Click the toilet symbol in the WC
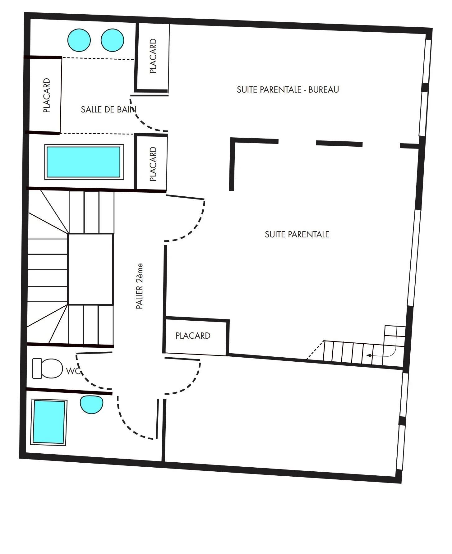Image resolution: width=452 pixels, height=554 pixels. pyautogui.click(x=51, y=369)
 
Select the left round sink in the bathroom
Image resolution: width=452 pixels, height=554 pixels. pyautogui.click(x=79, y=40)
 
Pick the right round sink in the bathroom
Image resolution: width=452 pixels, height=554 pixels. pyautogui.click(x=112, y=40)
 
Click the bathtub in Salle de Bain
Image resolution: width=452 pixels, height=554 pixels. pyautogui.click(x=84, y=162)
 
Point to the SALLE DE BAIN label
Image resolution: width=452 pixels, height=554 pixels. pyautogui.click(x=108, y=109)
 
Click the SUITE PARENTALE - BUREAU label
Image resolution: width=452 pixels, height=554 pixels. pyautogui.click(x=288, y=90)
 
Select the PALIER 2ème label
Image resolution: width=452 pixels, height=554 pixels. pyautogui.click(x=140, y=286)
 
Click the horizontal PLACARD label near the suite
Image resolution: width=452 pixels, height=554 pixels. pyautogui.click(x=193, y=336)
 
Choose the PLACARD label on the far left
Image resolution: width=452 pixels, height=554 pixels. pyautogui.click(x=47, y=95)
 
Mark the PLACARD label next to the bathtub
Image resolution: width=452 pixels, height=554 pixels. pyautogui.click(x=153, y=164)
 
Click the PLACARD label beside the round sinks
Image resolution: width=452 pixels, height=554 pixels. pyautogui.click(x=153, y=56)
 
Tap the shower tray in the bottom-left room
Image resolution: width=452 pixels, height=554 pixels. pyautogui.click(x=49, y=422)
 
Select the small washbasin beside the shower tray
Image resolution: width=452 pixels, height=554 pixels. pyautogui.click(x=91, y=404)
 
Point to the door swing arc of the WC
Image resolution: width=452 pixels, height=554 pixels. pyautogui.click(x=85, y=379)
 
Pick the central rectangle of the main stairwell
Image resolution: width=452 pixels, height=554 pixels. pyautogui.click(x=90, y=269)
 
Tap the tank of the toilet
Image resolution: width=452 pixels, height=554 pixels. pyautogui.click(x=37, y=369)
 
